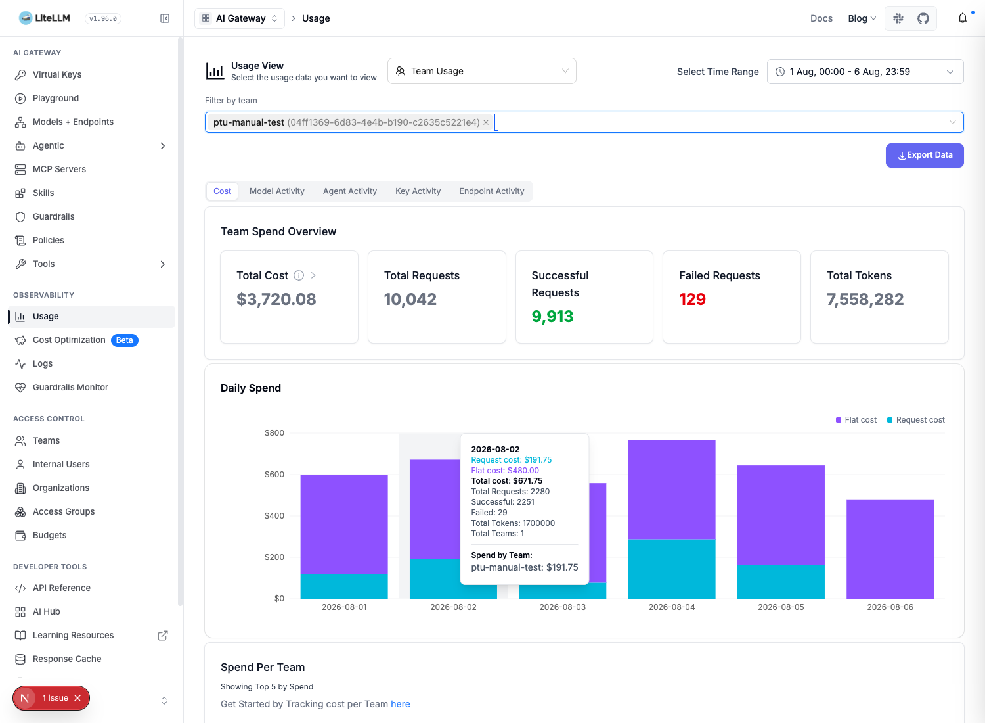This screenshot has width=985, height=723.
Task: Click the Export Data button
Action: [x=925, y=155]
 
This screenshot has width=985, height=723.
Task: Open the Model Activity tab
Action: [x=276, y=191]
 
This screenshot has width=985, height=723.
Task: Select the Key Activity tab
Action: [x=418, y=191]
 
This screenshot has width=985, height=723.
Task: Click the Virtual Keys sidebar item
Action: [x=57, y=74]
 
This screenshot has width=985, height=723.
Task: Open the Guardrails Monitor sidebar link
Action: [x=70, y=387]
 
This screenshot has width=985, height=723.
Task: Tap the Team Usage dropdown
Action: [x=481, y=71]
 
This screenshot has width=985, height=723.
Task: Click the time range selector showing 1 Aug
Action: [x=865, y=72]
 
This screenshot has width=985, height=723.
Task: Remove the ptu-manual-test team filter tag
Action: [x=486, y=122]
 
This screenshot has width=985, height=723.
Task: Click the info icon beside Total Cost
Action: [x=299, y=275]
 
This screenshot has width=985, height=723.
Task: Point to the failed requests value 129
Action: [x=692, y=299]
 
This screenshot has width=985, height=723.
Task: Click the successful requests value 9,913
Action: [x=552, y=316]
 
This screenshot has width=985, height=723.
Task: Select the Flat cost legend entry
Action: [x=856, y=420]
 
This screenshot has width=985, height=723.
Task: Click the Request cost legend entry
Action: [x=915, y=420]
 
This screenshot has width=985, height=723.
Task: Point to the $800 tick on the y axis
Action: [x=274, y=433]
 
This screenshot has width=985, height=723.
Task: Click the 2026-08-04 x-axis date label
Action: [x=672, y=607]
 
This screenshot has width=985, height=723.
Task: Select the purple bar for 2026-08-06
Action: [x=890, y=549]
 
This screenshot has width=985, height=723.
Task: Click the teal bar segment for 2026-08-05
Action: [x=781, y=582]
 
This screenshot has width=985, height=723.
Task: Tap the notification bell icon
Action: [x=963, y=18]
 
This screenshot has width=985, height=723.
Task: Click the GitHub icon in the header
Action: [x=923, y=18]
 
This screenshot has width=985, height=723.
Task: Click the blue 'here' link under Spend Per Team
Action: [x=400, y=704]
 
